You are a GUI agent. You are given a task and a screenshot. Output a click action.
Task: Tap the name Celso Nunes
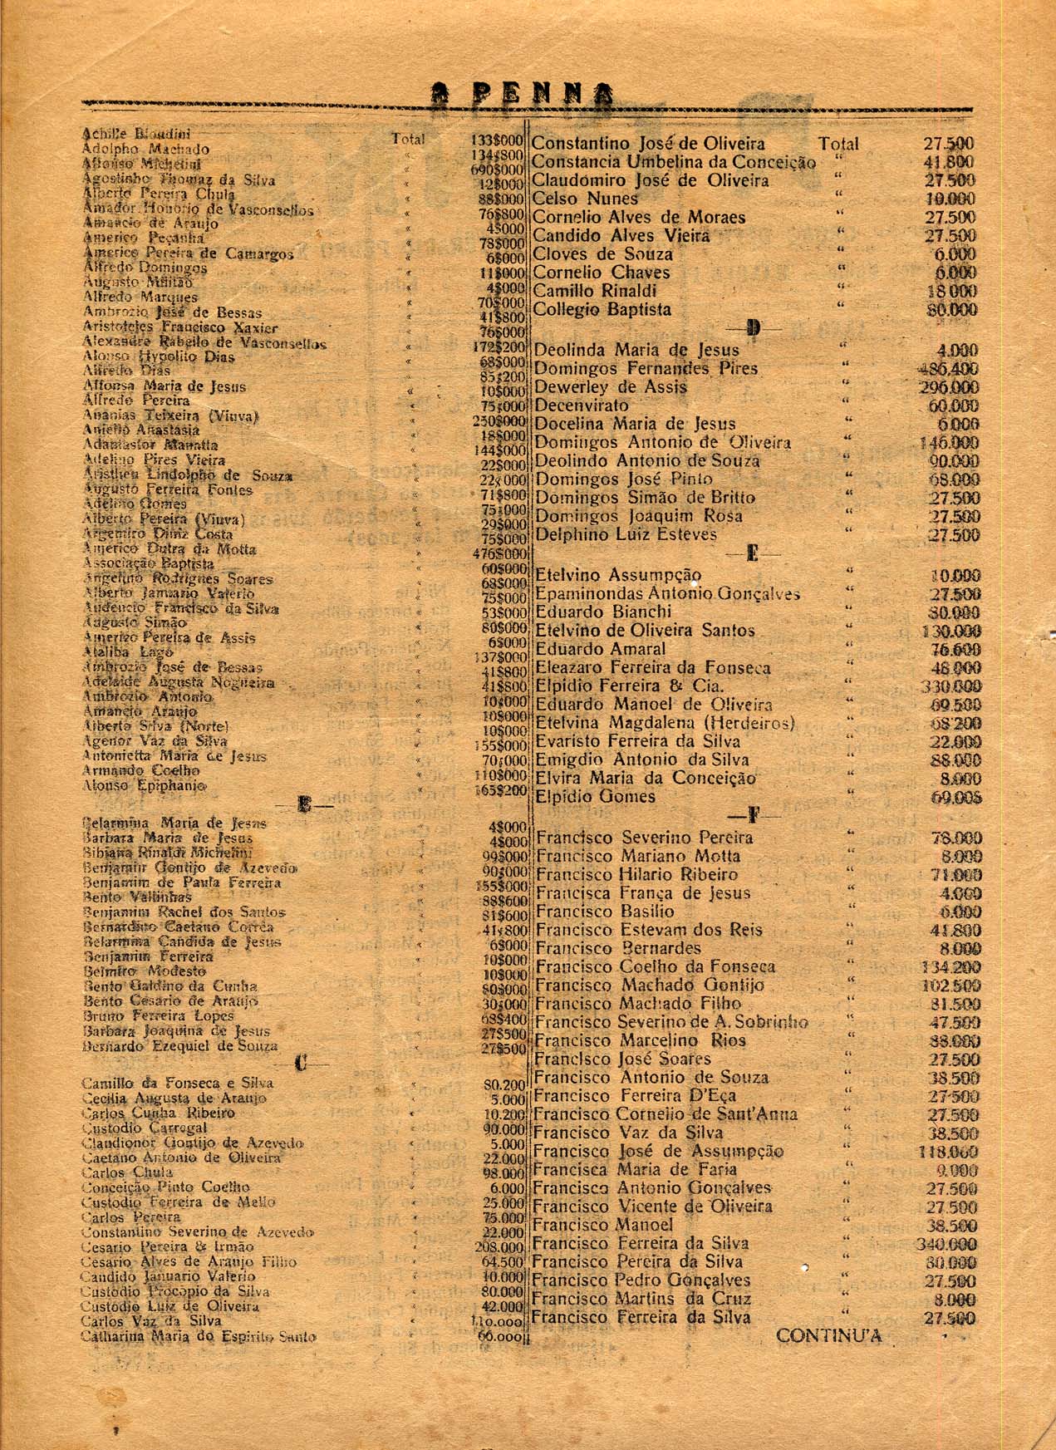[585, 199]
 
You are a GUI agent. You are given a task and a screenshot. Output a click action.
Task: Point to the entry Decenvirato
[581, 406]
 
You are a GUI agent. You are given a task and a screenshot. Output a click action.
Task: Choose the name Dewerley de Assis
[610, 387]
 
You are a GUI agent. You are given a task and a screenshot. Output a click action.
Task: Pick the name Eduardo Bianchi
[603, 612]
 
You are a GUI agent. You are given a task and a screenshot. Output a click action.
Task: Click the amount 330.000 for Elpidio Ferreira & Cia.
[950, 686]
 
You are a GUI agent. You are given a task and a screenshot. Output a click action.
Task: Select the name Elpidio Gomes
[595, 797]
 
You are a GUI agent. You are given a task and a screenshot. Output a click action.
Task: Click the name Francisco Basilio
[604, 912]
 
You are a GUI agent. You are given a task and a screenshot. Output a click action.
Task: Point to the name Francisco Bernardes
[618, 948]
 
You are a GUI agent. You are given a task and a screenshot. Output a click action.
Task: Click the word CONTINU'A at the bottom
[828, 1336]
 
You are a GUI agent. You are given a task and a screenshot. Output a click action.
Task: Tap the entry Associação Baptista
[137, 563]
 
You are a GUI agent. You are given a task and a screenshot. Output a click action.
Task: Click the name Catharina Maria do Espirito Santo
[198, 1336]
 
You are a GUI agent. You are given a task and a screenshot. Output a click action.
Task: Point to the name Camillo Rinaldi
[594, 291]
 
